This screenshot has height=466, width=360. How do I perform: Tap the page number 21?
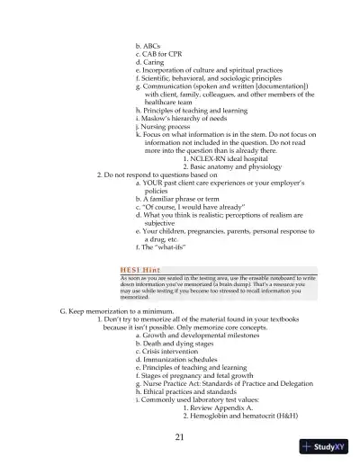(180, 437)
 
